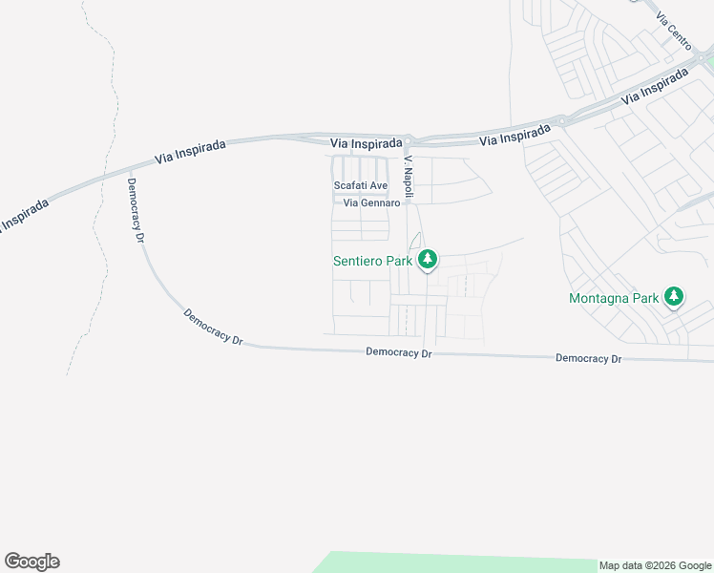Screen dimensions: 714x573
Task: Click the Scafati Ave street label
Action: pos(360,185)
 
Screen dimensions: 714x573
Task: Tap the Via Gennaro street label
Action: pos(370,202)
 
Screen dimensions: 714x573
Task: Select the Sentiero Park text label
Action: pos(372,260)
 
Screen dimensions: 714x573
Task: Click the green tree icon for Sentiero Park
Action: pos(429,259)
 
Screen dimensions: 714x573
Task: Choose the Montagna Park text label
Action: pos(614,298)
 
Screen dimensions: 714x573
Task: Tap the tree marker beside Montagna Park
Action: pos(674,297)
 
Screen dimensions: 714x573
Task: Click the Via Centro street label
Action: pos(673,34)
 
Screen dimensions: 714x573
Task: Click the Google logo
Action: pos(31,562)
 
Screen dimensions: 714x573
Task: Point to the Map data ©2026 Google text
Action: pos(656,565)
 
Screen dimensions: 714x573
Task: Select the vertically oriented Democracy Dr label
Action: pos(136,210)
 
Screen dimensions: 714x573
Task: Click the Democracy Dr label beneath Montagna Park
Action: pos(588,358)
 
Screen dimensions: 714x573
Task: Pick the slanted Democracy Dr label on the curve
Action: pos(212,326)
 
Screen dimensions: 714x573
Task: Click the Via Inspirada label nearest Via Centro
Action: pos(654,91)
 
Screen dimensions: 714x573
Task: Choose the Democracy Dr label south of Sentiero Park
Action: pos(399,352)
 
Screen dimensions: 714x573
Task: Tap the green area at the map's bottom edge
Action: pos(458,562)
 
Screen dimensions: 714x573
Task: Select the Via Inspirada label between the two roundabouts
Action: pos(514,134)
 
